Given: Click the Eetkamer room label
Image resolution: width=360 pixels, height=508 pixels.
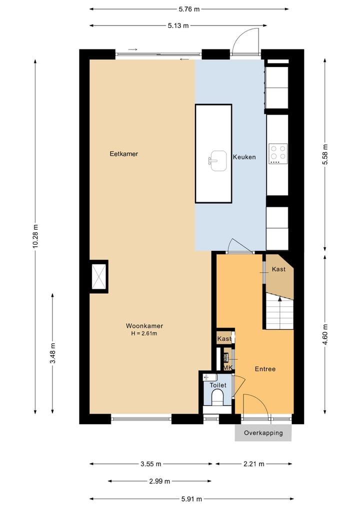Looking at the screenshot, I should point(123,154).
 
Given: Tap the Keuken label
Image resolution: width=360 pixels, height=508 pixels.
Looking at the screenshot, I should point(244,157).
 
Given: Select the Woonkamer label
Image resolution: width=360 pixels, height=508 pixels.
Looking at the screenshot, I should point(144,326).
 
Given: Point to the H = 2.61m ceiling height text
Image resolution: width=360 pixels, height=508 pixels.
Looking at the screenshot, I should point(144,334).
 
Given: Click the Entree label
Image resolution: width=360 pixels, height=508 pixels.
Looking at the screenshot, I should point(264,369).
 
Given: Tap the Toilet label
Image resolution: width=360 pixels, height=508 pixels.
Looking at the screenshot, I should point(218,385).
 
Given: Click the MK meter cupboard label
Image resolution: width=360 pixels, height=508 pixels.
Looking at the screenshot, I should point(227,368).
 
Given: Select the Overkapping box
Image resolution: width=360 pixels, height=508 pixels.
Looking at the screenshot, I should point(263,433).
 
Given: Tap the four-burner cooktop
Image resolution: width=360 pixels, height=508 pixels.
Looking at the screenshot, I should point(277,154).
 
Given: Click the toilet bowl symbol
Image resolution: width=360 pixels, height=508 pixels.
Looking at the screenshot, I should point(217,398).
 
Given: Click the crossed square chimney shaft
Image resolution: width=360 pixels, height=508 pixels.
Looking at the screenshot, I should point(99,276).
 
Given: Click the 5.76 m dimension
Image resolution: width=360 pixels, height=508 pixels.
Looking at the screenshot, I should point(189,8).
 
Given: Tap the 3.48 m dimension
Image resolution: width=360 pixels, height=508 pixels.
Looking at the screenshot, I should point(52,354).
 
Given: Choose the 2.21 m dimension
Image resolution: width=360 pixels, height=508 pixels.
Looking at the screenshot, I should point(254,464).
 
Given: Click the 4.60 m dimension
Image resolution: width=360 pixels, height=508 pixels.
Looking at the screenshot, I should point(325,335).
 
